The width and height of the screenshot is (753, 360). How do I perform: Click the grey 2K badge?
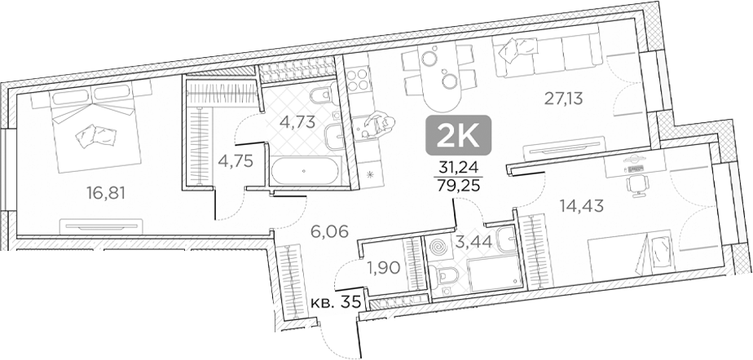point(459,135)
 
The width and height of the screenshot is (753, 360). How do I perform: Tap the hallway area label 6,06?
point(329,231)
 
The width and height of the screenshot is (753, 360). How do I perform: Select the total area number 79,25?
point(458,185)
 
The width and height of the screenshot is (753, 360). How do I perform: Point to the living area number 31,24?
point(458,169)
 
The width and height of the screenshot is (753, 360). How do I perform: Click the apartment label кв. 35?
point(337,302)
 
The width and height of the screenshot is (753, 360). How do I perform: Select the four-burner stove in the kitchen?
point(357,81)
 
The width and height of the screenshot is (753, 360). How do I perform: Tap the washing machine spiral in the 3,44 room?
point(438,245)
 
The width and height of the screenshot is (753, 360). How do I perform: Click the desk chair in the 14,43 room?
point(635,186)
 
